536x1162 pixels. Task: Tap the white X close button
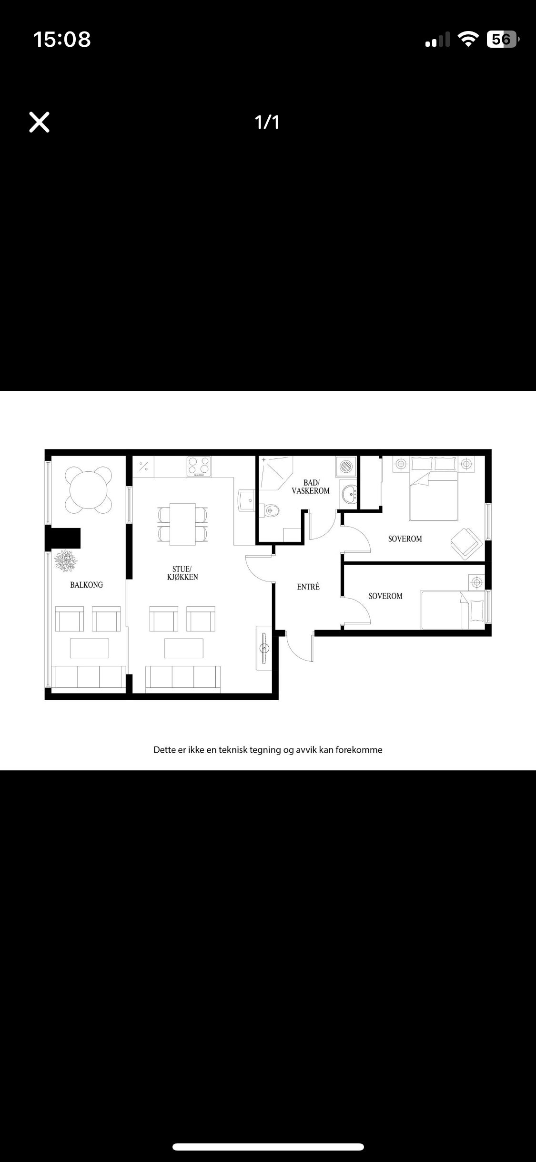[x=40, y=122]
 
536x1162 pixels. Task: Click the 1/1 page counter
[x=267, y=122]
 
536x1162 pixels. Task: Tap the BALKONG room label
[x=86, y=585]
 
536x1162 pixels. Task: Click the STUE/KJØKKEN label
[x=182, y=573]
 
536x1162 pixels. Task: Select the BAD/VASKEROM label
[x=311, y=487]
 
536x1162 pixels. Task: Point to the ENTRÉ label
[x=308, y=587]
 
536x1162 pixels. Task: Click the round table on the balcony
[x=88, y=489]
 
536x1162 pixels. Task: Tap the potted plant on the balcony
[x=65, y=560]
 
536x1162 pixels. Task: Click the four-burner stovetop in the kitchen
[x=199, y=466]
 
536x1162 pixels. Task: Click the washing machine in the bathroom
[x=346, y=466]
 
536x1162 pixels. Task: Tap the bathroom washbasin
[x=350, y=495]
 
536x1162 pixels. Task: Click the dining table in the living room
[x=183, y=524]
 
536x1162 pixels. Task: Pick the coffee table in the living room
[x=184, y=648]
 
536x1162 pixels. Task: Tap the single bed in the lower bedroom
[x=453, y=611]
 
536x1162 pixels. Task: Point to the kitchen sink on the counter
[x=247, y=499]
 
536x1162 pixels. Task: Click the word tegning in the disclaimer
[x=265, y=750]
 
